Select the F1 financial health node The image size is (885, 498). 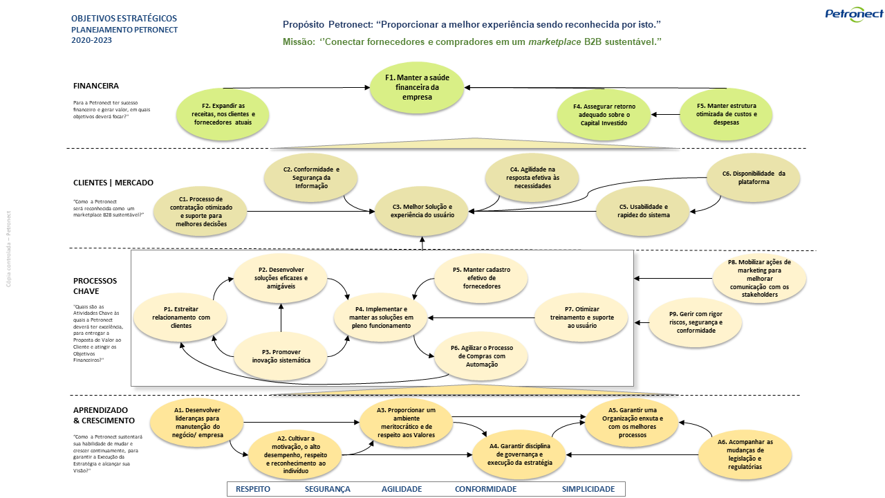tap(417, 88)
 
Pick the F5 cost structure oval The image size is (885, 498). tap(727, 113)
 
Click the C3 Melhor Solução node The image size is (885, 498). tap(422, 211)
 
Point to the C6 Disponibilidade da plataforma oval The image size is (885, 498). tap(753, 178)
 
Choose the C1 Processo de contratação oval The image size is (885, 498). tap(201, 211)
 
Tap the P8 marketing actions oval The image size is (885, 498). tap(758, 279)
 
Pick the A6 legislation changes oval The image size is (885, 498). tap(745, 454)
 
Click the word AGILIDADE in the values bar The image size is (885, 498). tap(401, 489)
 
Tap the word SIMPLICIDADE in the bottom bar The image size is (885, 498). tap(588, 489)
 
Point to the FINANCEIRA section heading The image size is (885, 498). tap(96, 86)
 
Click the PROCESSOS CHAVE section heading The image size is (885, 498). tap(95, 286)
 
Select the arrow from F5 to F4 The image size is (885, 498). tap(665, 114)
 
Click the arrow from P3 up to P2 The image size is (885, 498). tap(281, 317)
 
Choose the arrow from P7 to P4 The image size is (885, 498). tap(481, 318)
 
